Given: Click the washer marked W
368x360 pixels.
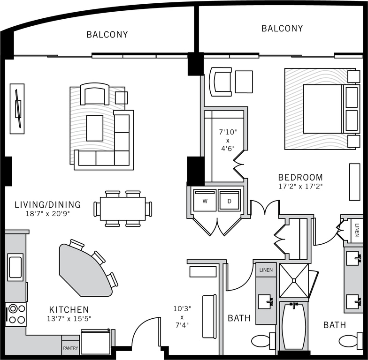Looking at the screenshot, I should (x=205, y=201).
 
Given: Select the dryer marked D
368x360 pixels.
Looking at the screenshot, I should (x=229, y=201).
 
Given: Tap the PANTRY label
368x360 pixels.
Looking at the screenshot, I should (x=70, y=348).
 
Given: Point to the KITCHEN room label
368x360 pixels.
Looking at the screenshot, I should (x=69, y=310).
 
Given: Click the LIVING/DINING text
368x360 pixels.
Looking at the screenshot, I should (x=47, y=205).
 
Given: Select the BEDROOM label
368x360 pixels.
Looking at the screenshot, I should (x=300, y=177).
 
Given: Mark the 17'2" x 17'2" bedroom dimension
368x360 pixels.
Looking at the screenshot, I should (x=300, y=186).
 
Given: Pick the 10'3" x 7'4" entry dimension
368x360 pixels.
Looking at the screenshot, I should (x=182, y=317).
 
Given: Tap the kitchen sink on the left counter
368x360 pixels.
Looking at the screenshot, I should (x=15, y=267).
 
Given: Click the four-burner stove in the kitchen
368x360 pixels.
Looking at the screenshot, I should (x=15, y=314).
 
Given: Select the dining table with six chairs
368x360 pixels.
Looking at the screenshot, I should (x=123, y=209).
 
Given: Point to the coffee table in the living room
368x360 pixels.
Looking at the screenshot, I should (x=94, y=128).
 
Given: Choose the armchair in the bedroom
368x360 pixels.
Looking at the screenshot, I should (x=221, y=81).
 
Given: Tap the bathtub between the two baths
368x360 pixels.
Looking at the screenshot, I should (x=294, y=326).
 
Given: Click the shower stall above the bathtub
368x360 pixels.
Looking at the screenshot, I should (x=294, y=280).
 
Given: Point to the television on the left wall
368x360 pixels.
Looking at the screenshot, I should (x=17, y=109).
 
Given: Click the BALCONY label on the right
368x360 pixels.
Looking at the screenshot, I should (x=282, y=29).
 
